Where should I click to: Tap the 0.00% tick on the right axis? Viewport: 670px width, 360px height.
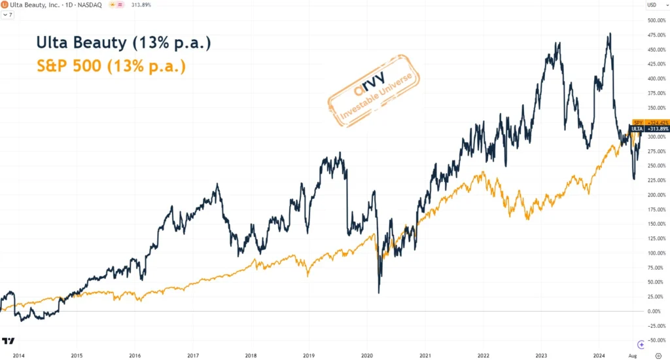pyautogui.click(x=656, y=311)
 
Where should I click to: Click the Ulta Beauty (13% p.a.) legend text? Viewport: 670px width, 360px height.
pyautogui.click(x=123, y=43)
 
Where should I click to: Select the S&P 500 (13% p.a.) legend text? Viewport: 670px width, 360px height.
pyautogui.click(x=111, y=66)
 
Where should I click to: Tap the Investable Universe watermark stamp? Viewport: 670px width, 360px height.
pyautogui.click(x=373, y=92)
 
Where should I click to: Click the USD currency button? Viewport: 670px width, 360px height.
pyautogui.click(x=652, y=5)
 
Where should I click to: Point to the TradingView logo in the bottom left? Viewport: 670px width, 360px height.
pyautogui.click(x=9, y=342)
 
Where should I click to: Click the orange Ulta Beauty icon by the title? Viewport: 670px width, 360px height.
pyautogui.click(x=5, y=5)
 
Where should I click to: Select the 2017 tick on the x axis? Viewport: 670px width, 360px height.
pyautogui.click(x=192, y=355)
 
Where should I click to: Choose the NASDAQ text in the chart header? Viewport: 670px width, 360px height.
pyautogui.click(x=90, y=5)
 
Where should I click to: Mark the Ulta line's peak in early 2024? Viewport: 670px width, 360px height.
pyautogui.click(x=610, y=33)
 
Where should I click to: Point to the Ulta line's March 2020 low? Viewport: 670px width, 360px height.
pyautogui.click(x=379, y=293)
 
